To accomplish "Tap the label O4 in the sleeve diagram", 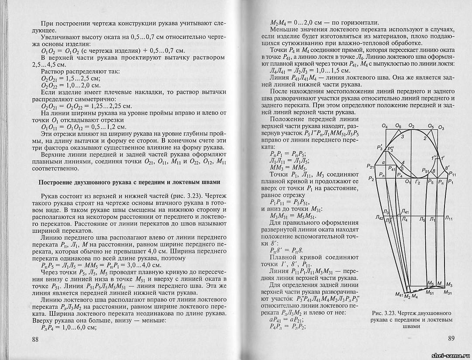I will pyautogui.click(x=384, y=127).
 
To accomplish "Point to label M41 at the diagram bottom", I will pyautogui.click(x=399, y=295).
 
